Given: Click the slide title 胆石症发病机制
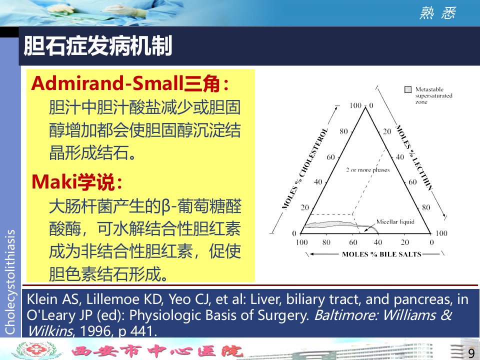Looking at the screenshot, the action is (x=98, y=46).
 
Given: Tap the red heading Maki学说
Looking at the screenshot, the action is (x=77, y=182).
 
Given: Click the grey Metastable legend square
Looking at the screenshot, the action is (x=408, y=89).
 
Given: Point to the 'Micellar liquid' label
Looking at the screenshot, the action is (x=395, y=221).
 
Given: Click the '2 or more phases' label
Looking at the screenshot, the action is (x=368, y=170).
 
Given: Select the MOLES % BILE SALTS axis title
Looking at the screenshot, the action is (x=381, y=254).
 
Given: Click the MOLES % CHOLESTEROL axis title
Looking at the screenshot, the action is (x=305, y=169).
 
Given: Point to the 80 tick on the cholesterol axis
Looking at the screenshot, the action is (x=343, y=131).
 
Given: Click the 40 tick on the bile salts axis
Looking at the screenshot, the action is (x=378, y=242).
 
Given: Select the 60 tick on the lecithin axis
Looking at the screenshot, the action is (x=412, y=182).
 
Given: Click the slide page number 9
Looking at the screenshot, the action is (x=471, y=352).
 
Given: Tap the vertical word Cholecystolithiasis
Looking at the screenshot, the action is (x=10, y=282).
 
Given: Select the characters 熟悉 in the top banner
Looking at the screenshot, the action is (x=438, y=13).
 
